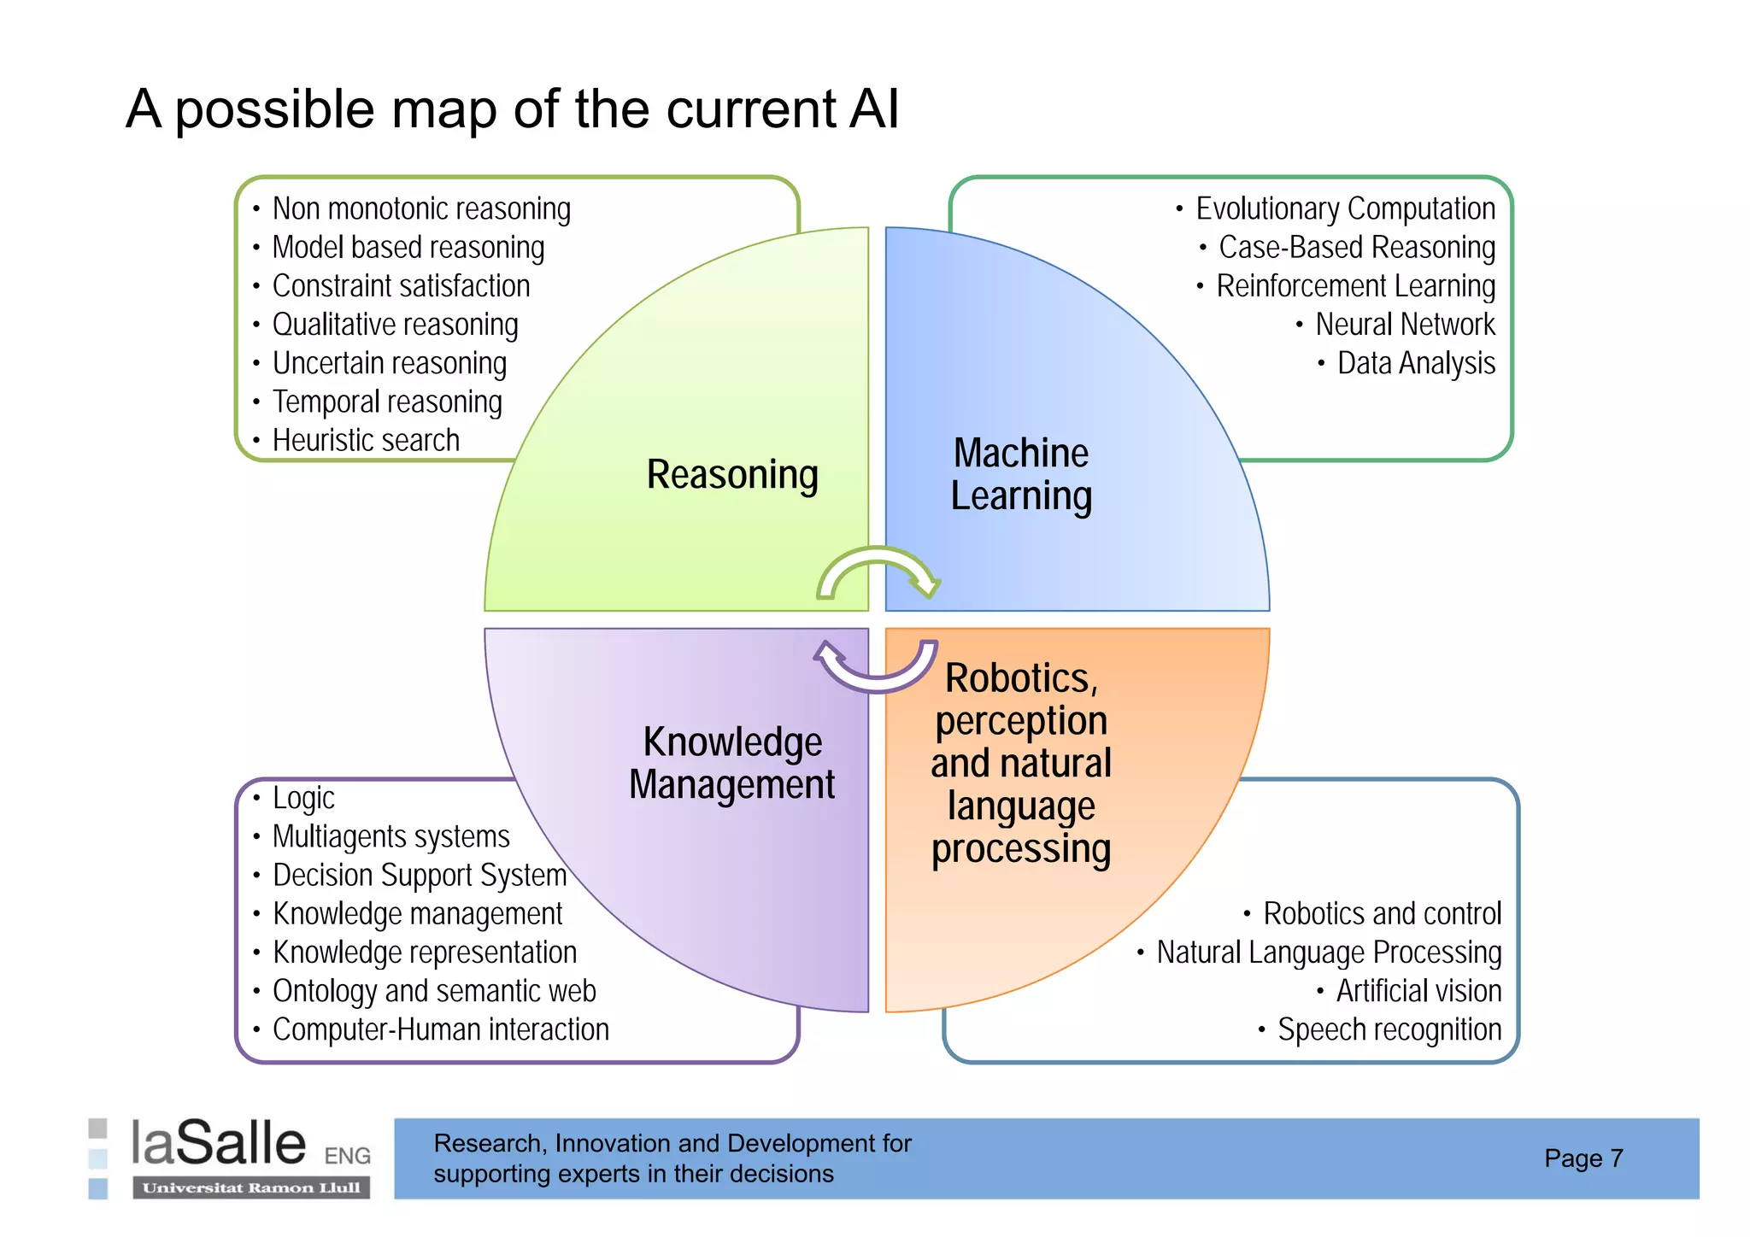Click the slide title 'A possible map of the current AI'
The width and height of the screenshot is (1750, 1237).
(x=513, y=109)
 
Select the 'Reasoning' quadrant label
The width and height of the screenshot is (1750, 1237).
(x=732, y=475)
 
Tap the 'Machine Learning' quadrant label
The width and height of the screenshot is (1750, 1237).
(x=1021, y=475)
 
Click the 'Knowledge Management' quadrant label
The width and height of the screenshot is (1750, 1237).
(x=732, y=763)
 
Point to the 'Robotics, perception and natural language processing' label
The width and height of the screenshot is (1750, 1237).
(x=1021, y=763)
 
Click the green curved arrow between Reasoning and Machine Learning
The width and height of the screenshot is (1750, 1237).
(x=878, y=571)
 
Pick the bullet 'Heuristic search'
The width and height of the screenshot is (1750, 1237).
(x=366, y=441)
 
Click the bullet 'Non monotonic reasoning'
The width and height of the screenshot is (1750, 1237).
(x=421, y=209)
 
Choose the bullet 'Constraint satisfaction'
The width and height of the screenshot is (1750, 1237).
(x=401, y=286)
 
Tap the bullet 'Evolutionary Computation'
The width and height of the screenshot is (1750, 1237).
(x=1345, y=209)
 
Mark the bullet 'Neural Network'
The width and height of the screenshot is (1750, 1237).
(x=1405, y=325)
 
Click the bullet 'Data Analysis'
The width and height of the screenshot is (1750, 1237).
(x=1416, y=363)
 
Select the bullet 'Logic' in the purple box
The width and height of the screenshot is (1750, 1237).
(x=303, y=798)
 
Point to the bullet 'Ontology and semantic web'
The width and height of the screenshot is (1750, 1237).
(x=434, y=991)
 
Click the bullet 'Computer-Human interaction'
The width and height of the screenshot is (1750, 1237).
(x=441, y=1029)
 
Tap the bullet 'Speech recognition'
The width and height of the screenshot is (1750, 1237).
(x=1389, y=1029)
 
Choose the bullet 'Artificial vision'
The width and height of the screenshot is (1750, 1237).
(x=1418, y=991)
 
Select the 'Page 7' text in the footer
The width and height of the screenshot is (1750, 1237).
(x=1583, y=1158)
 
